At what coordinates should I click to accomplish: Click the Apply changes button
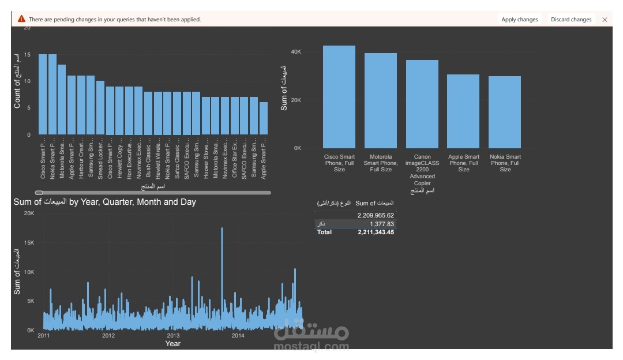tap(519, 20)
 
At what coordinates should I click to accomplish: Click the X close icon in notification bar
tap(605, 20)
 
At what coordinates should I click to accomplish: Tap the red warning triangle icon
tap(21, 19)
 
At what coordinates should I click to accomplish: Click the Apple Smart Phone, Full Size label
tap(464, 163)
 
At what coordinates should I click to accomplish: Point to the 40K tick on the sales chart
tap(295, 52)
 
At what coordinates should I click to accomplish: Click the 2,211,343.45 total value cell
tap(376, 232)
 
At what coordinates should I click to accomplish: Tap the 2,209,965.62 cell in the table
tap(376, 215)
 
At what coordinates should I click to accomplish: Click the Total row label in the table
tap(324, 232)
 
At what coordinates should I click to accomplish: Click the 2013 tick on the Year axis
tap(173, 335)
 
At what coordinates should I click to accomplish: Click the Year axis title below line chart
tap(172, 344)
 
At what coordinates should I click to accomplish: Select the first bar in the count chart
tap(43, 94)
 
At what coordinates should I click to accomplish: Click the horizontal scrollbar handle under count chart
tap(39, 193)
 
